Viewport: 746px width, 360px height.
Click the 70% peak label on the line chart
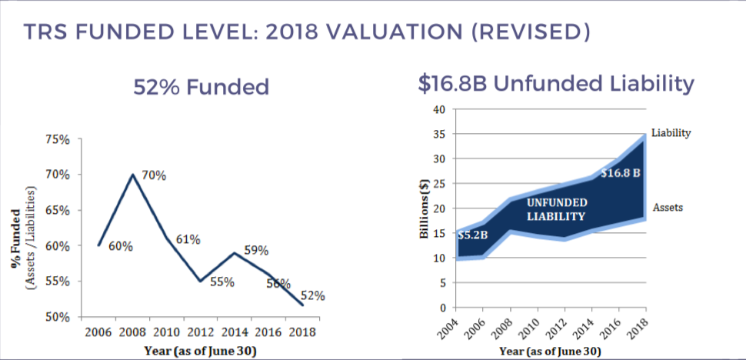click(154, 175)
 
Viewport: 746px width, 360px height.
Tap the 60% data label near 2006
click(120, 247)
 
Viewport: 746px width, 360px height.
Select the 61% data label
click(188, 239)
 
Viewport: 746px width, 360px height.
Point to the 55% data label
click(222, 282)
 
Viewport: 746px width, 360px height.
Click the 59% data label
click(256, 250)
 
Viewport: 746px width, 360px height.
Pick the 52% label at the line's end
click(313, 295)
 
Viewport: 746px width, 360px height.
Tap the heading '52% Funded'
click(201, 87)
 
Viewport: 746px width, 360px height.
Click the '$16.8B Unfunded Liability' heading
click(556, 84)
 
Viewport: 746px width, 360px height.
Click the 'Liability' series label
click(671, 133)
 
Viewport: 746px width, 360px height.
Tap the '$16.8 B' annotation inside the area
click(620, 173)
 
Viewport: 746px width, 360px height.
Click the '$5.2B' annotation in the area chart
click(472, 235)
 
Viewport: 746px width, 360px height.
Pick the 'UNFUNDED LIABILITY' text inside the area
click(556, 209)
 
